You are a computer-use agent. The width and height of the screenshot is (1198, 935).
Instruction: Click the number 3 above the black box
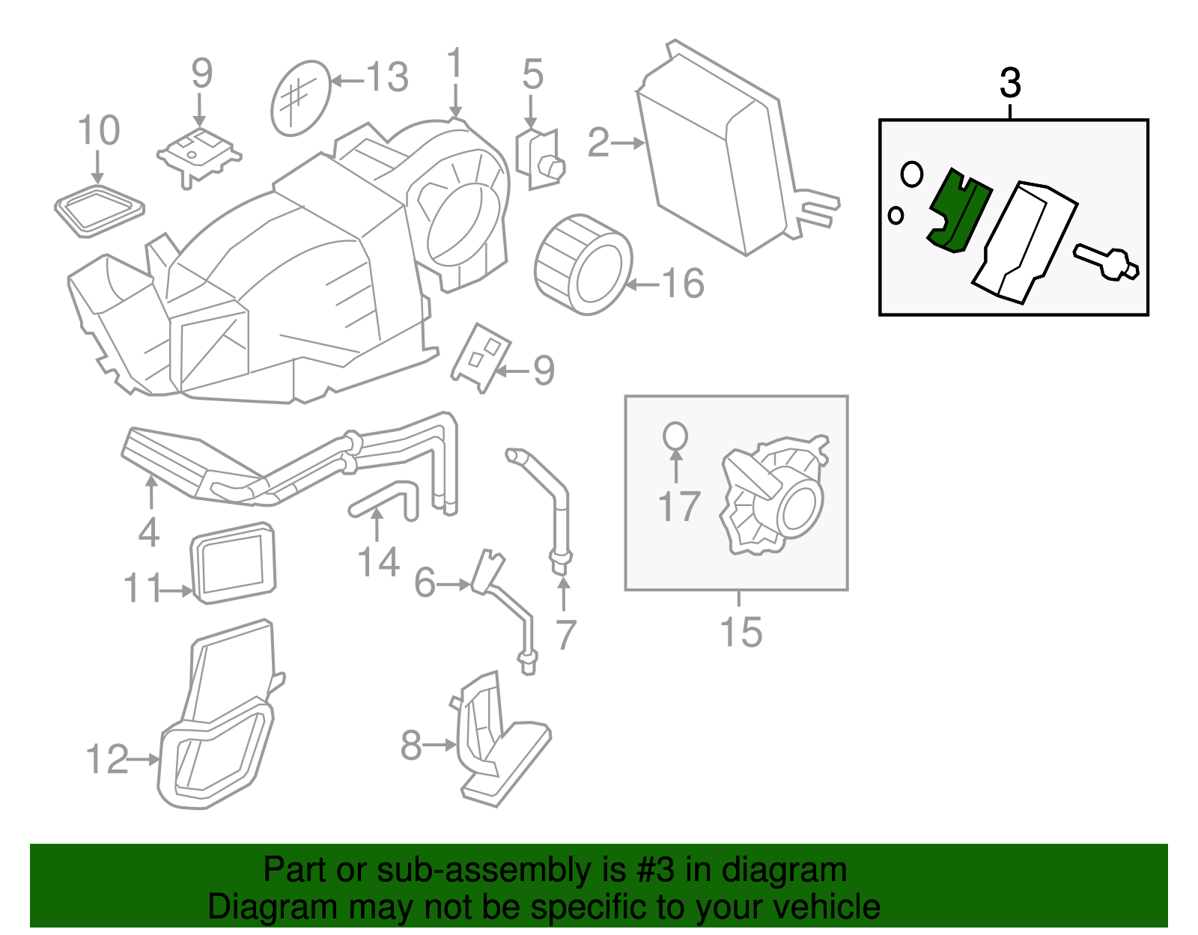point(1010,83)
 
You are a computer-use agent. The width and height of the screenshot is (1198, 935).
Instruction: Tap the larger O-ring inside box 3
point(911,174)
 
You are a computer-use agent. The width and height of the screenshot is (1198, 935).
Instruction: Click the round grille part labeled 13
point(300,98)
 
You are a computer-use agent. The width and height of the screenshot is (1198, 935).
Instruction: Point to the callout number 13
point(387,78)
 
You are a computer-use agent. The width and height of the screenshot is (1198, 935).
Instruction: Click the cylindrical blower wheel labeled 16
point(583,264)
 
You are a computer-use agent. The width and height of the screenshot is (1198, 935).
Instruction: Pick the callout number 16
point(682,284)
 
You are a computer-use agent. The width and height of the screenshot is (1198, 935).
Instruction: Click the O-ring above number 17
point(675,436)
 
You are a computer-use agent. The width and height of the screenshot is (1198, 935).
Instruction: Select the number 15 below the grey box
point(741,633)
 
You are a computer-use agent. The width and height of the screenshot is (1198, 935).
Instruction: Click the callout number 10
point(99,131)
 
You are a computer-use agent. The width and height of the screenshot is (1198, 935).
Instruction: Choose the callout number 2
point(598,142)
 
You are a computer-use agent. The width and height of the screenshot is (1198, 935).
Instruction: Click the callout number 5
point(532,75)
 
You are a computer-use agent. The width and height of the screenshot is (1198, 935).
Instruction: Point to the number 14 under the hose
point(378,562)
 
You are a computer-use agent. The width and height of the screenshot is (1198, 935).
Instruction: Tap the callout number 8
point(411,746)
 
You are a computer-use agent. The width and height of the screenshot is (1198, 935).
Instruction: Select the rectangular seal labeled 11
point(233,563)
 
